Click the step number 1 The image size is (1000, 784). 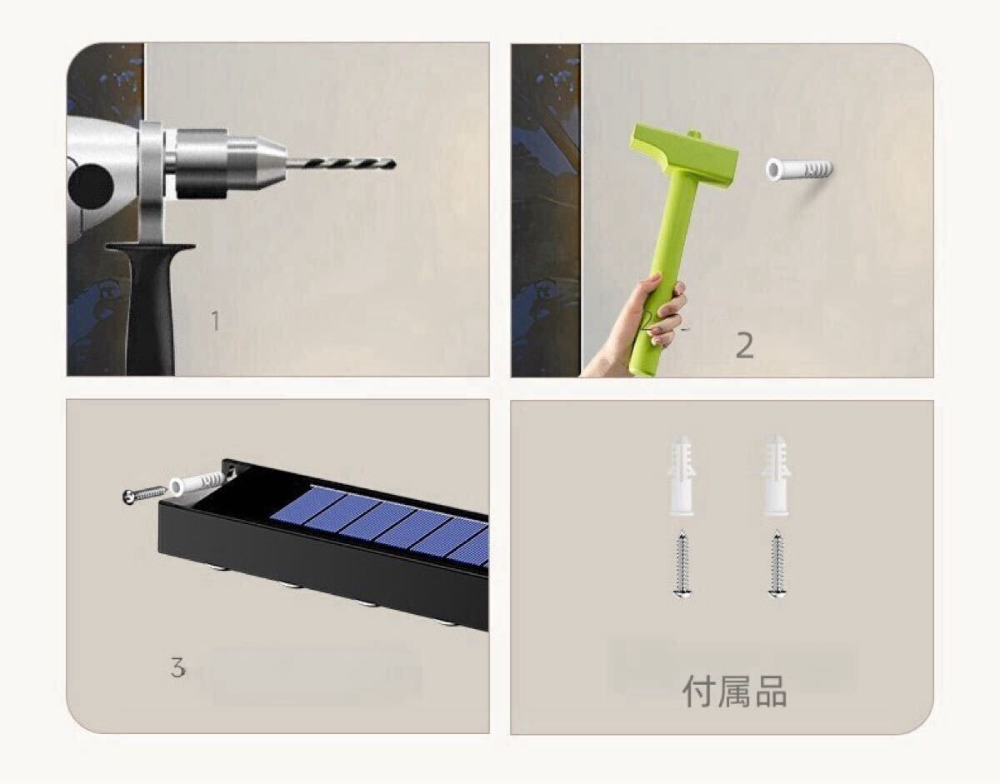(215, 321)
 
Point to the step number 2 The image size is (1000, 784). (744, 346)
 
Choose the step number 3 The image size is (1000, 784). (177, 667)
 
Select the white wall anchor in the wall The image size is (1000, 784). (798, 169)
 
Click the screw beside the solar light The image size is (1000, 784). (144, 494)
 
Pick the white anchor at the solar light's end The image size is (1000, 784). (197, 482)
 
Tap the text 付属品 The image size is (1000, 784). (734, 692)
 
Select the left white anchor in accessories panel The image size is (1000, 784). (681, 475)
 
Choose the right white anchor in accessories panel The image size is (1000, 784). (776, 475)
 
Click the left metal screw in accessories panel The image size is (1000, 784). (681, 565)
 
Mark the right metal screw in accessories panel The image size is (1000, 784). (776, 565)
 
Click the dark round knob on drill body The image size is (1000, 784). (90, 185)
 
